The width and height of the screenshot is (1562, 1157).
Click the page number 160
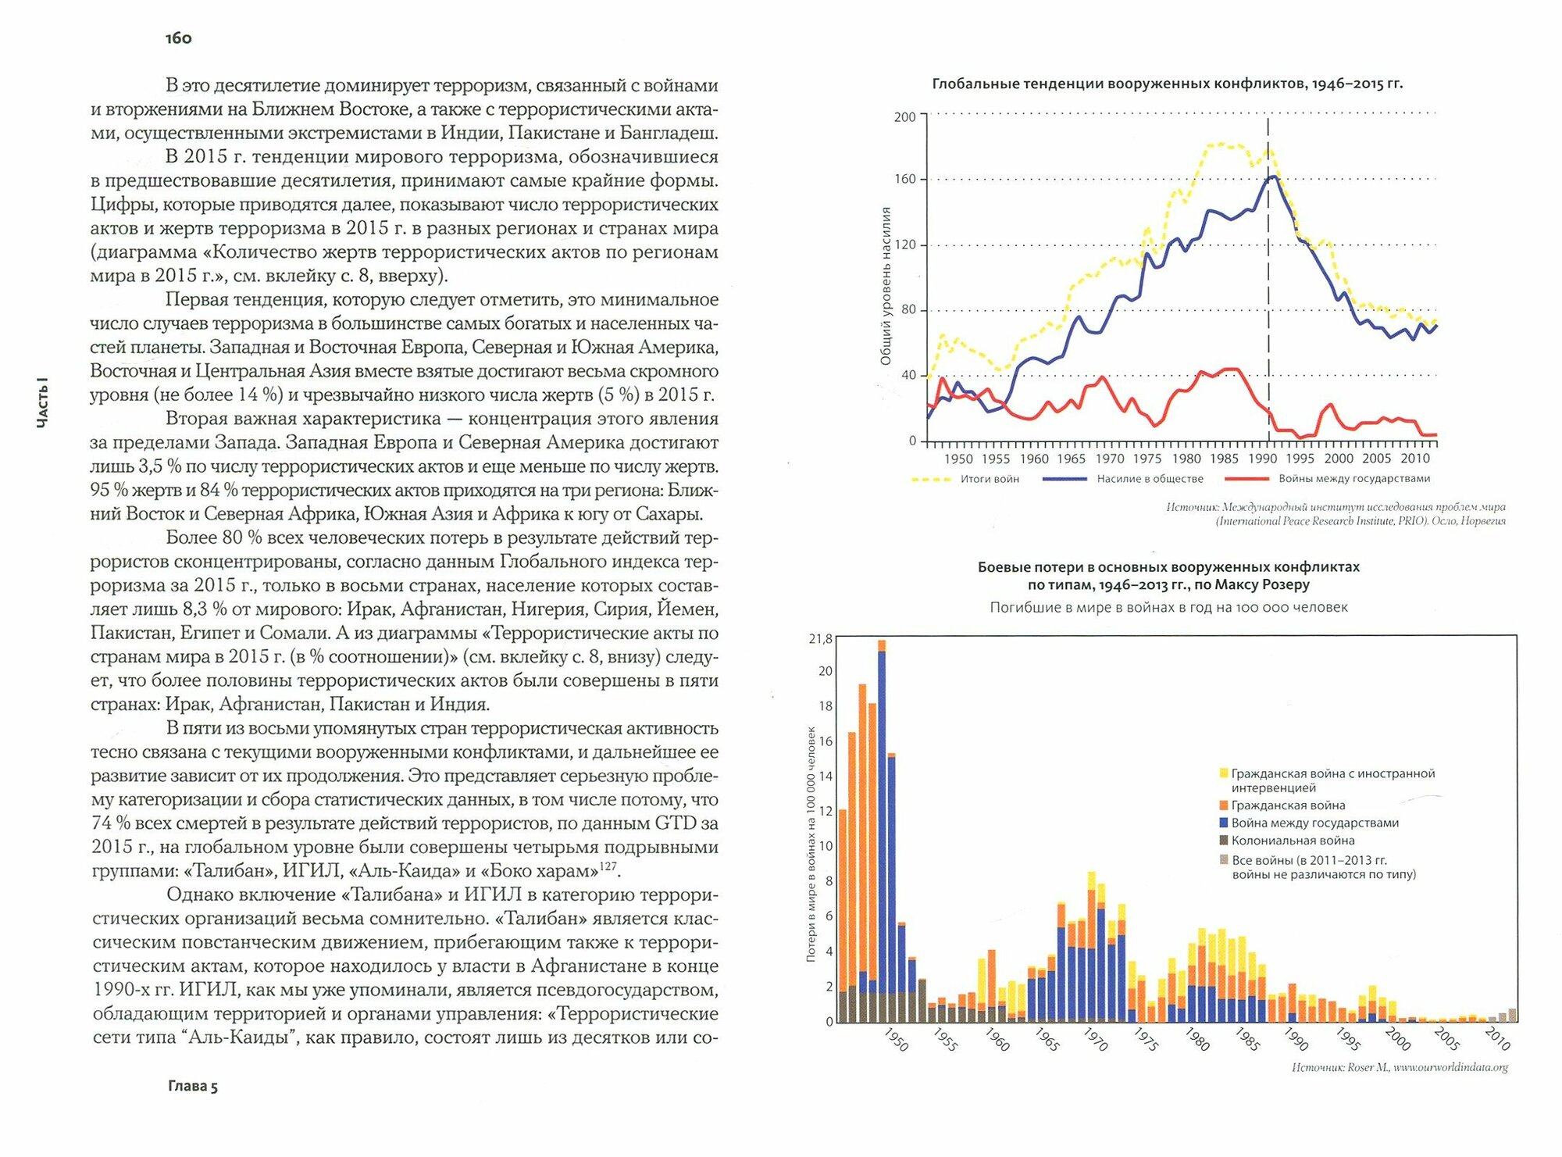pos(179,38)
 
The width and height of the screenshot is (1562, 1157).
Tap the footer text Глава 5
pos(193,1086)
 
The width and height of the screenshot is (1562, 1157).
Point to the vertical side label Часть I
pos(43,403)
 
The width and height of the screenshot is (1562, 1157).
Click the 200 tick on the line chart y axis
pos(904,117)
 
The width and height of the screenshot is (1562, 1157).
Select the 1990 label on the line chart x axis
pos(1262,459)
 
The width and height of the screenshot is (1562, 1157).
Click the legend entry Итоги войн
pos(990,479)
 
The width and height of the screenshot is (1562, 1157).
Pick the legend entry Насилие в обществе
pos(1150,479)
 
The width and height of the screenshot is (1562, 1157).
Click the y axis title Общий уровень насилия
pos(886,286)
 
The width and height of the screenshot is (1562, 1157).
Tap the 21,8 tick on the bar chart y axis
pos(820,639)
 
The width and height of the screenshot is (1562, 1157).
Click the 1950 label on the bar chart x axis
pos(896,1040)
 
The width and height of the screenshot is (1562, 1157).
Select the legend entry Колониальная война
pos(1293,841)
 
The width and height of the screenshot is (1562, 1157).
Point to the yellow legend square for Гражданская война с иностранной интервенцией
pos(1223,773)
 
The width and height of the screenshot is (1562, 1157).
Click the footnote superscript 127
pos(608,866)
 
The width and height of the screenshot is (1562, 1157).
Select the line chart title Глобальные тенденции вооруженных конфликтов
pos(1167,84)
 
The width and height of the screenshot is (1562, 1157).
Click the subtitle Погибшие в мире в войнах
pos(1168,607)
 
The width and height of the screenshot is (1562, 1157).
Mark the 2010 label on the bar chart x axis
pos(1497,1039)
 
